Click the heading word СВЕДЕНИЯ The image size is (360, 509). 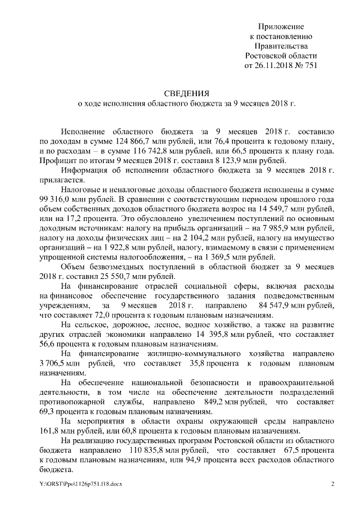(x=186, y=93)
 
